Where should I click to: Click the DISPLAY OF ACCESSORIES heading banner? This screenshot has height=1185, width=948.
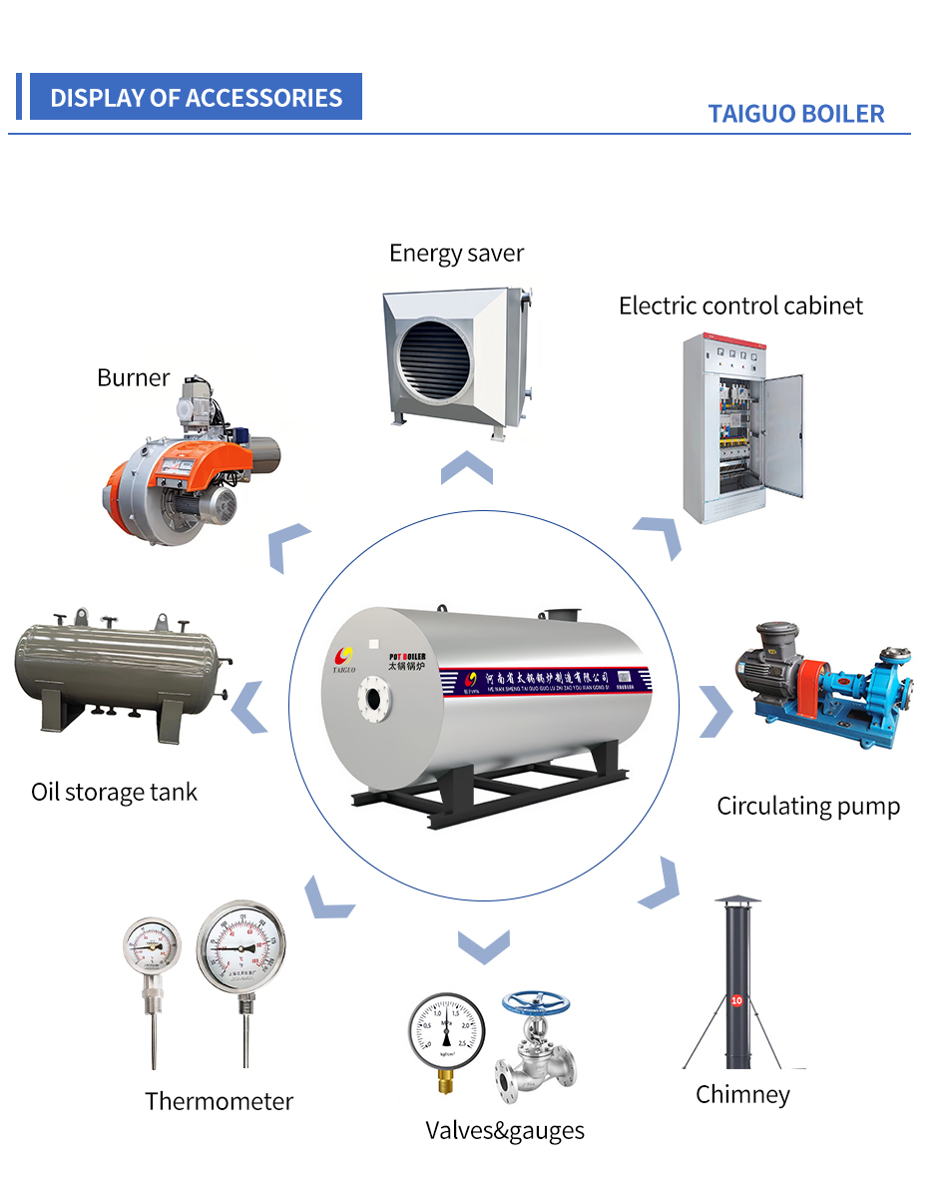(x=196, y=98)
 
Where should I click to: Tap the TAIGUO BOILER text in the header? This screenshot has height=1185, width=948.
(x=796, y=114)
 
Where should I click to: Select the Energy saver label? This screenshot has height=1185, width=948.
(x=456, y=253)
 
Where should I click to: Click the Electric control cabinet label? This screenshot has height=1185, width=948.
(x=740, y=305)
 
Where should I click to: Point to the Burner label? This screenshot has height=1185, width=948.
(x=133, y=378)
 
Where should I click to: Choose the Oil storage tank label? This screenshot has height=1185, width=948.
(x=114, y=793)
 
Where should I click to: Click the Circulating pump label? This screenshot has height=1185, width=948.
(x=808, y=806)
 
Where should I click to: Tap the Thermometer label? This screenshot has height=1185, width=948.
(x=219, y=1101)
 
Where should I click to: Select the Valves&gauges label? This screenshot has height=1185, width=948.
(x=505, y=1130)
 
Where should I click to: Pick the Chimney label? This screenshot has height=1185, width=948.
(x=742, y=1094)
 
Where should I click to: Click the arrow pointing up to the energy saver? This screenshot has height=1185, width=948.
(x=466, y=467)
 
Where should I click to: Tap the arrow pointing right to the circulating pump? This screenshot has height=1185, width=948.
(x=715, y=711)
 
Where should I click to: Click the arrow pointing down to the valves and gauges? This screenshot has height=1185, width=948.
(x=484, y=944)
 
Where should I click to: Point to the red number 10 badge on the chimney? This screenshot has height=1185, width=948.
(x=736, y=999)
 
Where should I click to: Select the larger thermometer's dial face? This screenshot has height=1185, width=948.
(x=240, y=942)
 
